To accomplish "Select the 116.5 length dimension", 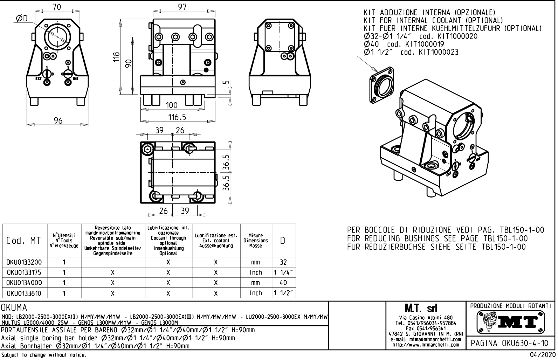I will [x=177, y=117].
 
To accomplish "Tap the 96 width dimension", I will [x=58, y=121].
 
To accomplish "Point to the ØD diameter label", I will [x=22, y=18].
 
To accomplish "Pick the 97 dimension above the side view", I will [x=182, y=6].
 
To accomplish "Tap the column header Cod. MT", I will [x=23, y=241].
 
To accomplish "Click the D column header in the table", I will [x=283, y=241].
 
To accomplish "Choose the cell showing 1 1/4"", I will [x=283, y=272].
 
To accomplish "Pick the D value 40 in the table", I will [x=283, y=283].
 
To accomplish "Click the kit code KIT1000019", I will [x=424, y=44].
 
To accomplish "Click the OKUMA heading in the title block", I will [x=14, y=308].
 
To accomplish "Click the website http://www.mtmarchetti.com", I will [x=425, y=345].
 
